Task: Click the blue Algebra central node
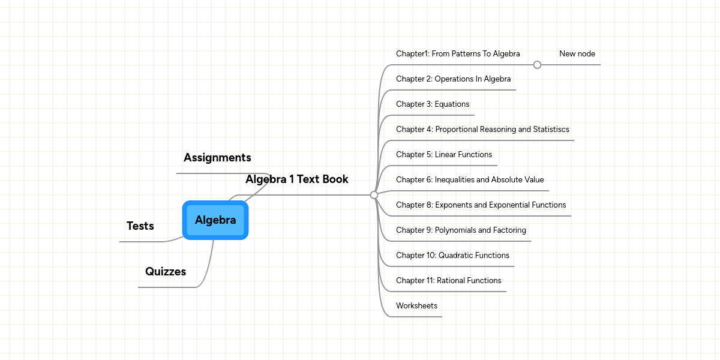click(215, 220)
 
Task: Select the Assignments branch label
click(217, 158)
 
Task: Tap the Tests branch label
click(140, 226)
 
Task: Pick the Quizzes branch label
click(166, 272)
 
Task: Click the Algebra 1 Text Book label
click(297, 179)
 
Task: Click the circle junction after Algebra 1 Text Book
click(374, 195)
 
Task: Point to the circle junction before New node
click(537, 65)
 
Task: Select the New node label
click(577, 54)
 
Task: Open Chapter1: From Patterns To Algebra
click(458, 54)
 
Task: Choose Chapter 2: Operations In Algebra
click(454, 79)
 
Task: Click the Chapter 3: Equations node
click(433, 104)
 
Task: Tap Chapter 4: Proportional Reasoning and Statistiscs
click(482, 130)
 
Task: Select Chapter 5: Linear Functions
click(444, 155)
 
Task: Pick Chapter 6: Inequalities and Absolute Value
click(470, 180)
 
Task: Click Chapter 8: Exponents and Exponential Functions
click(481, 205)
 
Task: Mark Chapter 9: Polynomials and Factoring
click(461, 230)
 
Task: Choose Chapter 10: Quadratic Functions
click(452, 256)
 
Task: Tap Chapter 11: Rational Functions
click(448, 281)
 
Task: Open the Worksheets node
click(416, 306)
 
